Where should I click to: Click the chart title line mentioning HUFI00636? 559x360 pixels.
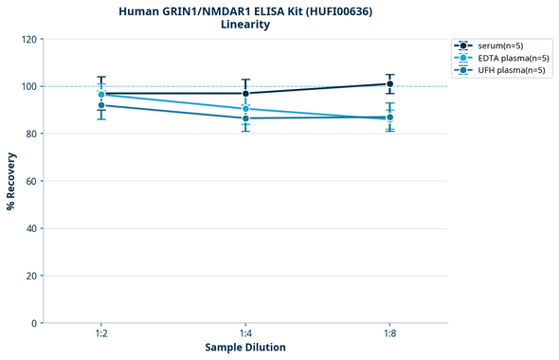(x=245, y=10)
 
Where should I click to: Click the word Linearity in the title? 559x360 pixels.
(x=245, y=25)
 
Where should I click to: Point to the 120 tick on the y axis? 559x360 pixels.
(x=29, y=39)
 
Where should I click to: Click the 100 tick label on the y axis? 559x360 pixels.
(x=29, y=86)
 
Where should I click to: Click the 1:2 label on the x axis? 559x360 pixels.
(x=101, y=334)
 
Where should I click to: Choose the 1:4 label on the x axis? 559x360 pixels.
(x=245, y=334)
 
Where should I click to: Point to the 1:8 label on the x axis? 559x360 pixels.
(x=389, y=334)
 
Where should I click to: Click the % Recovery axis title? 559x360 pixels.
(x=11, y=181)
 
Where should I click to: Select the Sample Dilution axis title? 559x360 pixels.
(x=245, y=348)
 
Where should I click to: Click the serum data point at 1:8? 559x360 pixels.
(x=389, y=83)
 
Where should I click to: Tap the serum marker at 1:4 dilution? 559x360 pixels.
(x=245, y=93)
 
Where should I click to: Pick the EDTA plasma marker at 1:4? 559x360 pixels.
(x=245, y=109)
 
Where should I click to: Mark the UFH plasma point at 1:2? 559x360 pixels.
(x=101, y=105)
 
